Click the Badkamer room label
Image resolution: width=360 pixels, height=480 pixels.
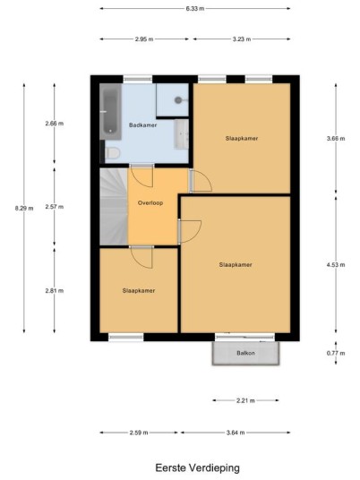tap(142, 124)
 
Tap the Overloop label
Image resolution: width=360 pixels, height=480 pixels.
tap(150, 202)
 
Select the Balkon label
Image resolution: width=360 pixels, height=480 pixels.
tap(245, 353)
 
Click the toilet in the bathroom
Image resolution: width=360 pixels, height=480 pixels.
tap(112, 153)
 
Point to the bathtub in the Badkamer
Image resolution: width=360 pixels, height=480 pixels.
tap(110, 112)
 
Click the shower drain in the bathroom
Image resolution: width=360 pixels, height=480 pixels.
tap(178, 99)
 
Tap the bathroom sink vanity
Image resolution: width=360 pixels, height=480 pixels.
tap(181, 134)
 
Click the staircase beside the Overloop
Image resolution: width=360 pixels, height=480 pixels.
tap(114, 206)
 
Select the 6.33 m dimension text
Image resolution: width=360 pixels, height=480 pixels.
tap(195, 9)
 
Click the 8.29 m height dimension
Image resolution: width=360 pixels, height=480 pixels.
tap(24, 208)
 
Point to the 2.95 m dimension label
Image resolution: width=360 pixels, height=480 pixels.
tap(144, 39)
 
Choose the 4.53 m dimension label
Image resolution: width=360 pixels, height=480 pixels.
tap(336, 264)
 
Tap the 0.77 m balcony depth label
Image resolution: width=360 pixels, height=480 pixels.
tap(336, 353)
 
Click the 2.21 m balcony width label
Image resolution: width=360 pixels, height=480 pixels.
tap(245, 400)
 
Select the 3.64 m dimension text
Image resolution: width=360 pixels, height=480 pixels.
tap(236, 433)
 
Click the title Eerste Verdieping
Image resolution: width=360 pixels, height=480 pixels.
tap(197, 467)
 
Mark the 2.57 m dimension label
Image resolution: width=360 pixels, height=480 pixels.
tap(55, 207)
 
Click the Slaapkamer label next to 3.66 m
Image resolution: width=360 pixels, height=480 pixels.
tap(242, 138)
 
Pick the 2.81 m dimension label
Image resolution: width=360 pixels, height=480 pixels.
tap(55, 290)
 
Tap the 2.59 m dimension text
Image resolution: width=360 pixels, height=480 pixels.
tap(139, 433)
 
